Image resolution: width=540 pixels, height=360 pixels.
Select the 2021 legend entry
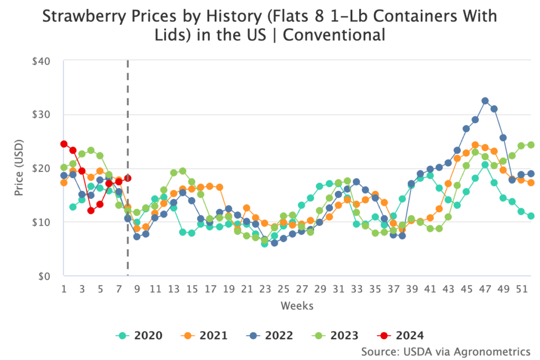tap(206, 335)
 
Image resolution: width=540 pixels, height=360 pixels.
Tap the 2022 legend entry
tap(272, 335)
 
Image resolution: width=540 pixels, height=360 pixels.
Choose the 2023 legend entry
tap(337, 335)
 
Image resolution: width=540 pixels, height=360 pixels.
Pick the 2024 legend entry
tap(402, 335)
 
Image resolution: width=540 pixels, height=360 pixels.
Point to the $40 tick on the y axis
tap(41, 61)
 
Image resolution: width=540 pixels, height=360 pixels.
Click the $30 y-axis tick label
tap(41, 115)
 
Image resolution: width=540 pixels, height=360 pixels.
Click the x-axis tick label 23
tap(265, 289)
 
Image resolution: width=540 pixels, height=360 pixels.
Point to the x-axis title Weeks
tap(297, 306)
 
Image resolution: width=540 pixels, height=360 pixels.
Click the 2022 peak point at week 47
tap(485, 101)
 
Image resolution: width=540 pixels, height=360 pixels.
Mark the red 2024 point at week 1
tap(64, 144)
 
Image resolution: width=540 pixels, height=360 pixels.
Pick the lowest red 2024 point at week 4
tap(91, 211)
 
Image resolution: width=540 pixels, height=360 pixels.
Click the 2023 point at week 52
tap(531, 145)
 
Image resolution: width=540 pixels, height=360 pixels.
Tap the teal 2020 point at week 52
tap(531, 216)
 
